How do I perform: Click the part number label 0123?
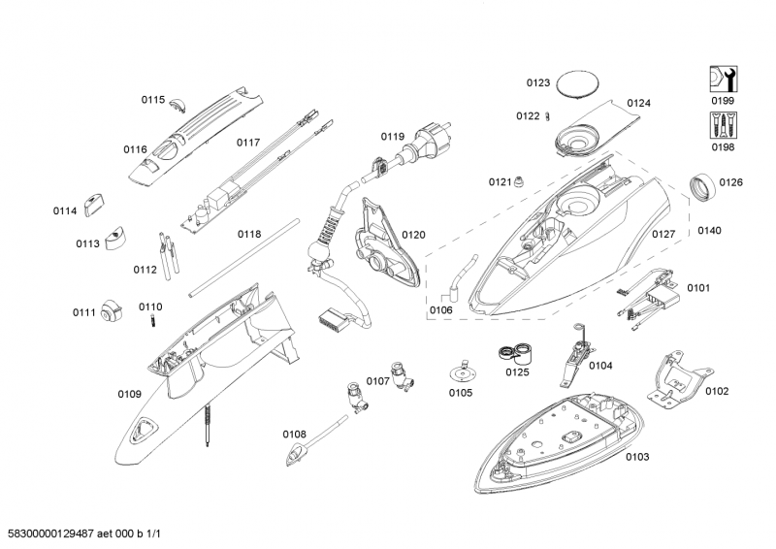(538, 83)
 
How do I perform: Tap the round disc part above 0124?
(582, 81)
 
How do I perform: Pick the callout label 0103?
(637, 456)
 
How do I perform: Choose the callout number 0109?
(129, 394)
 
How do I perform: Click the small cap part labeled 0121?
(520, 180)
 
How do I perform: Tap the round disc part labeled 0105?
(461, 371)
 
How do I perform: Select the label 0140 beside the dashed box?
(709, 231)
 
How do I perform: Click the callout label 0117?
(248, 143)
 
